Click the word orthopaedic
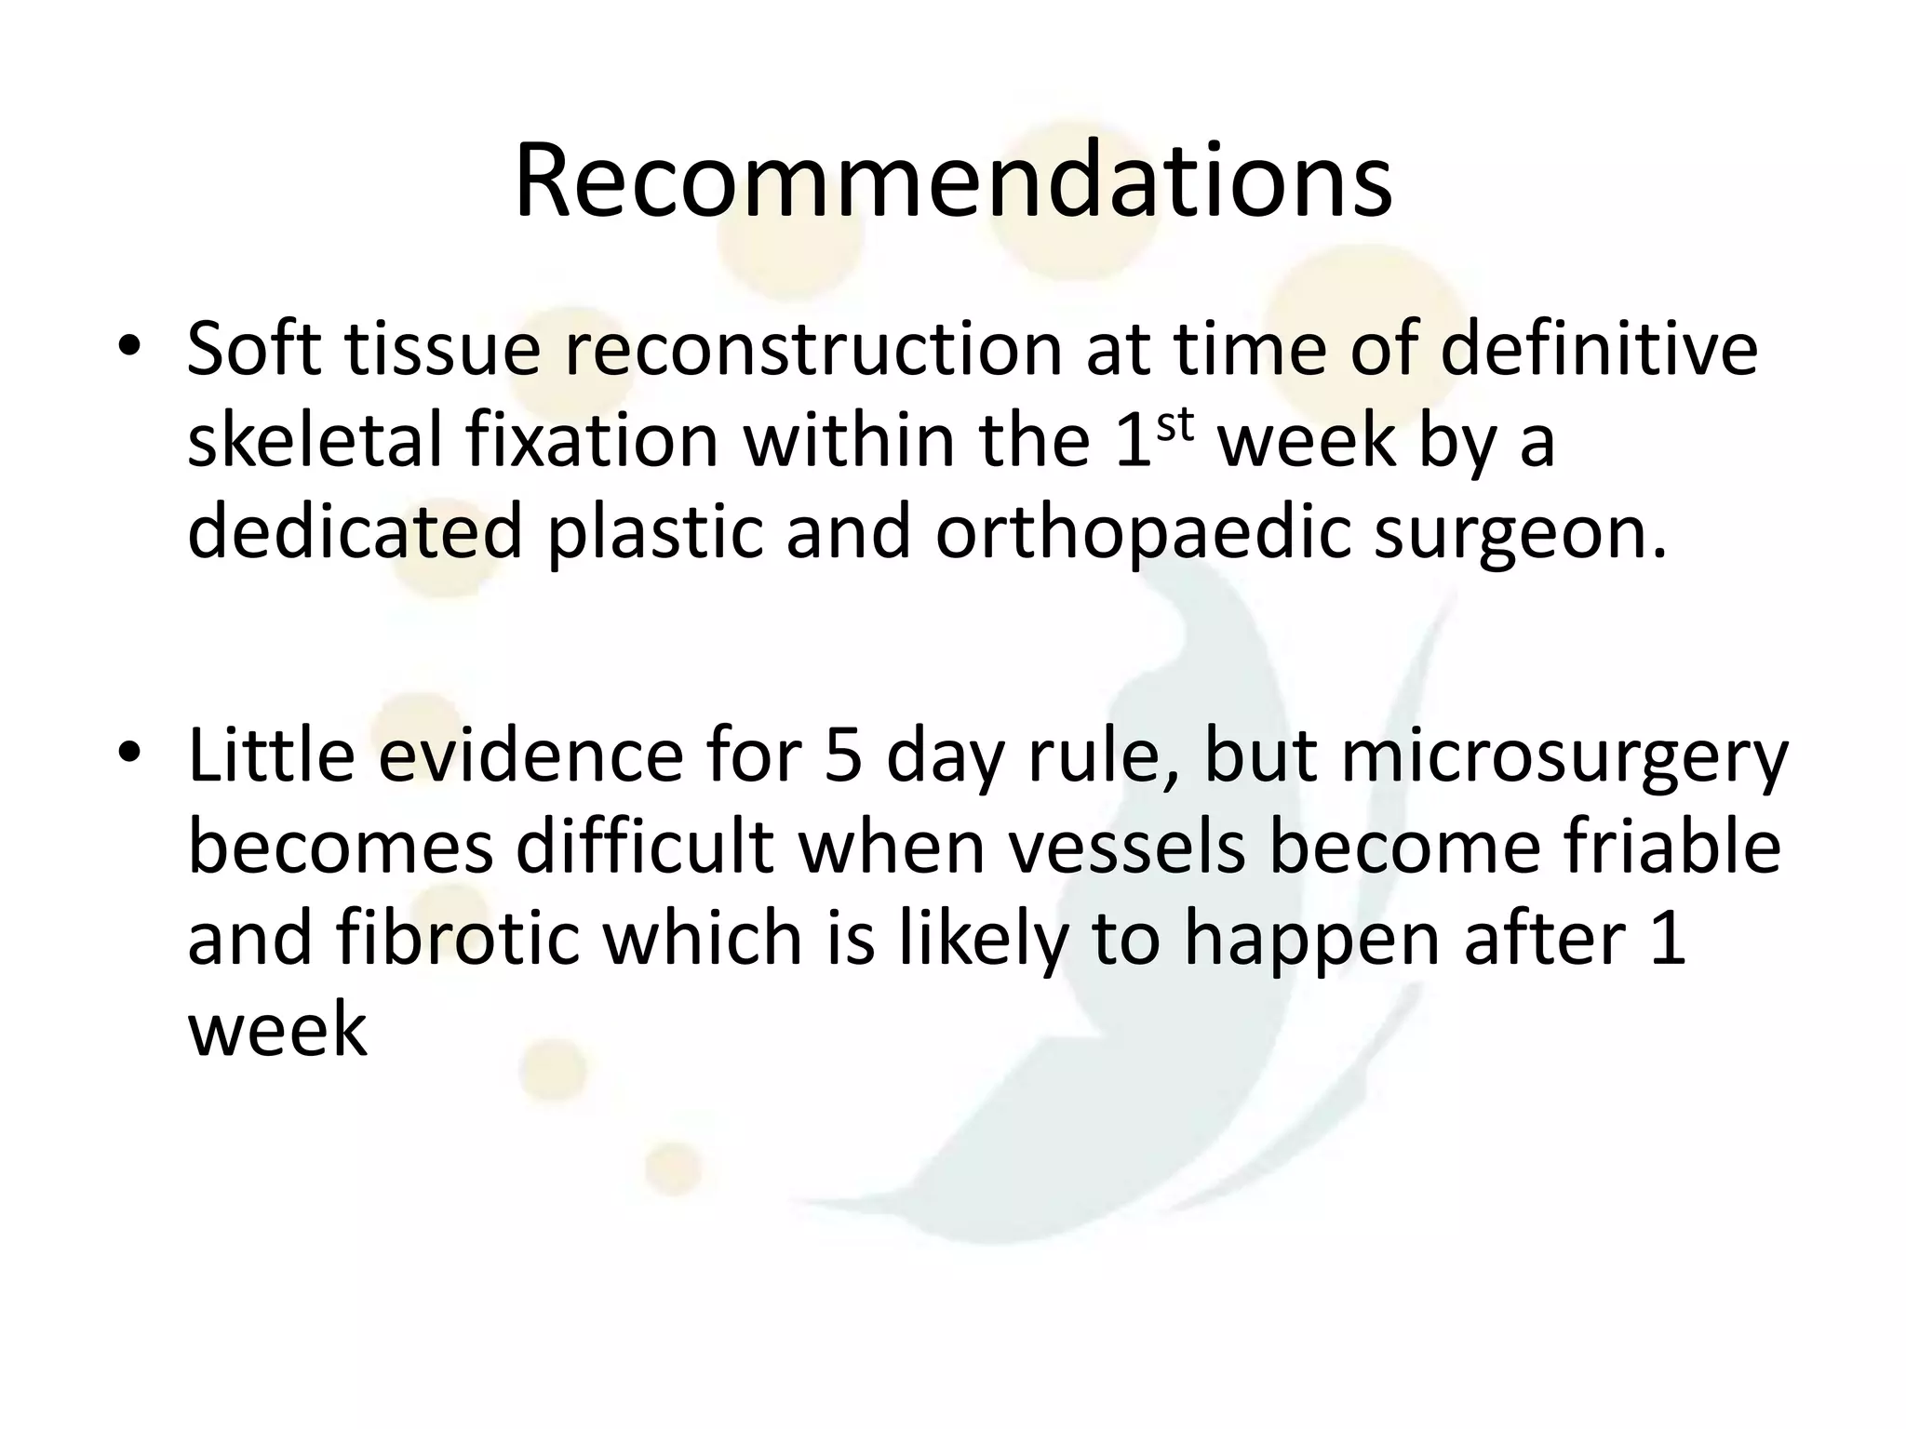coord(1141,532)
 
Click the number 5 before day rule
coord(842,755)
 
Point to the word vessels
coord(1127,848)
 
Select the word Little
coord(271,755)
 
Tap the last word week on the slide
coord(277,1029)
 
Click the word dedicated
coord(355,532)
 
